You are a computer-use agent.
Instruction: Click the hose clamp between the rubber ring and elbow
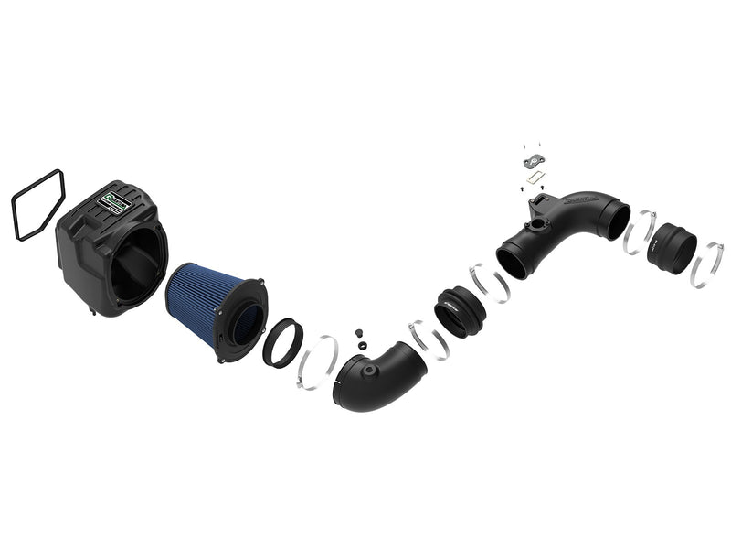(x=319, y=361)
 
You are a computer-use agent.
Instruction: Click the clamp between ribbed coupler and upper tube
(x=489, y=282)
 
